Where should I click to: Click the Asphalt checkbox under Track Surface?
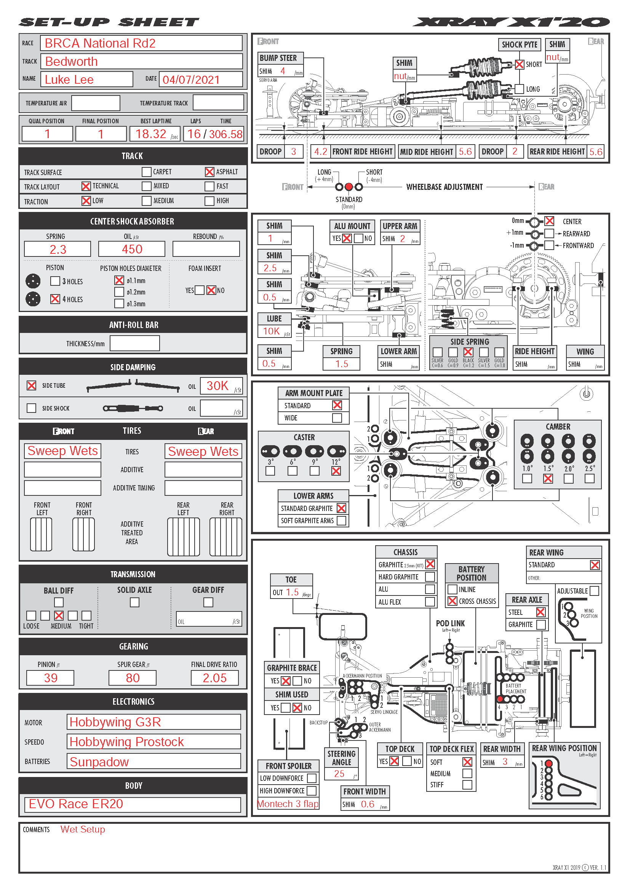click(x=209, y=172)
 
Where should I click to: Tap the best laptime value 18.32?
click(x=150, y=134)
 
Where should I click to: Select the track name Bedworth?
click(x=71, y=62)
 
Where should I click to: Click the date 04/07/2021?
click(x=191, y=80)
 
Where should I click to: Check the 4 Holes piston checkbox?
click(x=55, y=299)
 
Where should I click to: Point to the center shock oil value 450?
click(x=132, y=249)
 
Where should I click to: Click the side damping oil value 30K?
click(x=217, y=386)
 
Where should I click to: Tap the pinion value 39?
click(x=50, y=678)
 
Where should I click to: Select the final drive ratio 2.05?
click(x=214, y=678)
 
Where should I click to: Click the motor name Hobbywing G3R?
click(x=115, y=722)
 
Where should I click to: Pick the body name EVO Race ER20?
click(x=76, y=804)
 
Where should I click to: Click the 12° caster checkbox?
click(x=336, y=471)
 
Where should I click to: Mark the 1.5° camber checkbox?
click(x=548, y=479)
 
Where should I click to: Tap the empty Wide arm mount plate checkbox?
click(x=337, y=418)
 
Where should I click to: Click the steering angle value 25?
click(x=339, y=774)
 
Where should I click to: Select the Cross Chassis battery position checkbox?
click(x=453, y=601)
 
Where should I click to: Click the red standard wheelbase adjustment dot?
click(x=349, y=187)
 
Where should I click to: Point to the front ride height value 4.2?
click(x=321, y=151)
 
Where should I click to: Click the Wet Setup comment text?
click(x=83, y=829)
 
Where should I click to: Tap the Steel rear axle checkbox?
click(x=541, y=612)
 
